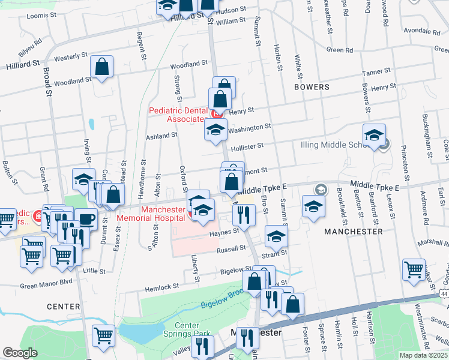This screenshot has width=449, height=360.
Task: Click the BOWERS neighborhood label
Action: click(312, 87)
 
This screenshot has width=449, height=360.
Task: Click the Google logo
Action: click(20, 353)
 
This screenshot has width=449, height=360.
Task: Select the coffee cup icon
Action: click(86, 219)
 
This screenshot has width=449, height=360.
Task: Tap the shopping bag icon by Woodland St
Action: click(101, 67)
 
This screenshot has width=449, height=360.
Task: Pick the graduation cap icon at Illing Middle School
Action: click(373, 135)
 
